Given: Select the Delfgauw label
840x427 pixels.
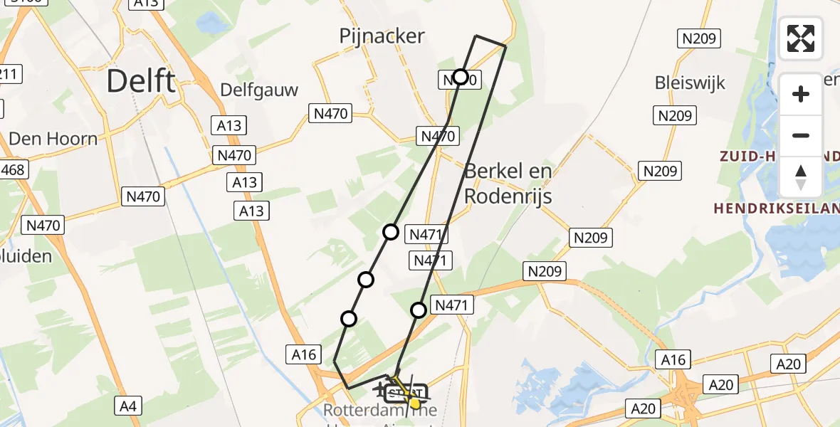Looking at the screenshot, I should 259,90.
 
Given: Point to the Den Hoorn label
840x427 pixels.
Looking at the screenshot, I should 53,138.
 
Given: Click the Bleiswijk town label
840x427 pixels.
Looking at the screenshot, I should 690,83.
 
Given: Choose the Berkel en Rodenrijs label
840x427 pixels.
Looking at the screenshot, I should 508,184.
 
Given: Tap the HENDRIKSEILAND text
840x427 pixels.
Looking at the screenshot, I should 776,208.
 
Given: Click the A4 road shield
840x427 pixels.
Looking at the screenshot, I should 127,406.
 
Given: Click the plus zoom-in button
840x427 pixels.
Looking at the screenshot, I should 801,94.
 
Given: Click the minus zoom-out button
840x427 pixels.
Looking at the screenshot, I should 801,135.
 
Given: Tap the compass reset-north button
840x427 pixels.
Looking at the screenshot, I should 801,176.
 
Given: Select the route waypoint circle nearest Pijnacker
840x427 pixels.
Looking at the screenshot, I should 461,77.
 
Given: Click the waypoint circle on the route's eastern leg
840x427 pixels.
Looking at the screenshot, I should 419,310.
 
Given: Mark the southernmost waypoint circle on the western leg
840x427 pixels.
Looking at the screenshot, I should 349,319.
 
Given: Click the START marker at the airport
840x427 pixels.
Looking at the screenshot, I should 405,393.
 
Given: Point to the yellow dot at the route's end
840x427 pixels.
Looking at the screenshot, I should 415,404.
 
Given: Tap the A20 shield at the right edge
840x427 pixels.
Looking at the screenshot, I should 788,364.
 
